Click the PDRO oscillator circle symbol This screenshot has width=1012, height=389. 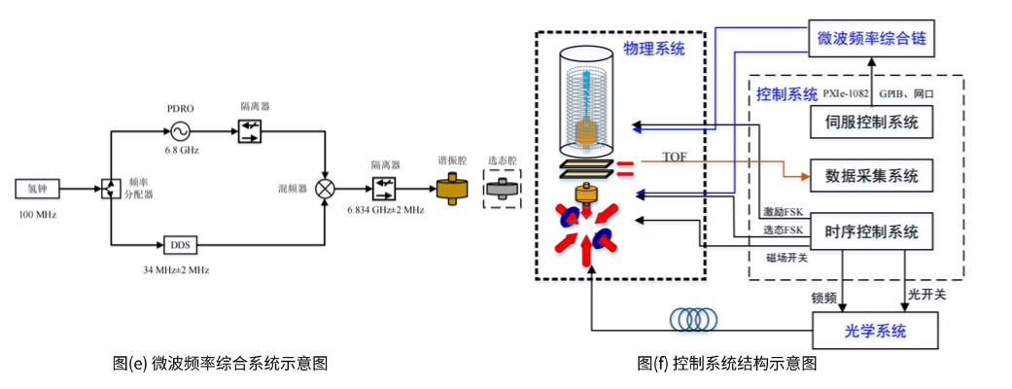click(x=181, y=129)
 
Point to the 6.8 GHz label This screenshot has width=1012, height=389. click(x=180, y=150)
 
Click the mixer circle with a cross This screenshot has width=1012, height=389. click(x=326, y=187)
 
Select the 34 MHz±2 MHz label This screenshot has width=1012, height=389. click(x=179, y=267)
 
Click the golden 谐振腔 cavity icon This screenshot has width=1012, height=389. click(x=451, y=187)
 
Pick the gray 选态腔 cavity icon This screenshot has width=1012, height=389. click(x=502, y=188)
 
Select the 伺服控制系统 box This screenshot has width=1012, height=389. click(x=872, y=123)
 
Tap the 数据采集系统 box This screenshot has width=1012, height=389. click(x=872, y=177)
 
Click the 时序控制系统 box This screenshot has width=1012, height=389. click(x=872, y=231)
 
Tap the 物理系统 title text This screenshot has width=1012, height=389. click(x=655, y=50)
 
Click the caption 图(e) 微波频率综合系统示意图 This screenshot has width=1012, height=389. click(x=219, y=363)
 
